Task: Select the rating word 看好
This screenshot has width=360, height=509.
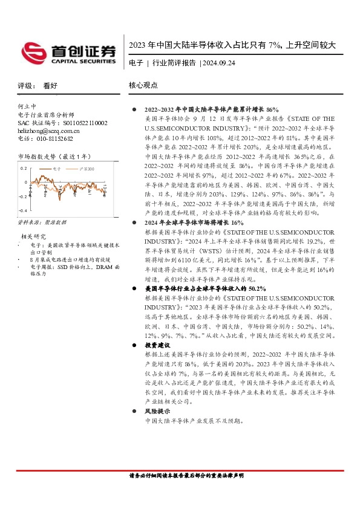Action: tap(50, 86)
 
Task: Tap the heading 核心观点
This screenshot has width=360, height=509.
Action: tap(143, 86)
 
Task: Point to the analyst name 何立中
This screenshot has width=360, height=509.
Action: tap(27, 106)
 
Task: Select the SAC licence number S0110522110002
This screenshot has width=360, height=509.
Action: tap(80, 122)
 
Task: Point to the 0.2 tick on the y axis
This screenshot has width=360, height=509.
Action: tap(24, 169)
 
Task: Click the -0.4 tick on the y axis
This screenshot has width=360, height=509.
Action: tap(23, 210)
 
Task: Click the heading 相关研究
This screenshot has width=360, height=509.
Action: tap(33, 236)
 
